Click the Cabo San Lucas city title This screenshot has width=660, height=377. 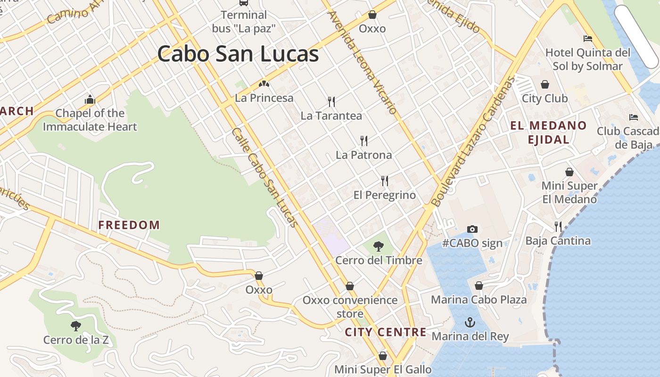pos(238,54)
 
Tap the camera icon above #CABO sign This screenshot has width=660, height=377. pos(472,229)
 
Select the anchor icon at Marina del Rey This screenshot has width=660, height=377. pos(470,322)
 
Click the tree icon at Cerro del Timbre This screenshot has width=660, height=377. pos(378,246)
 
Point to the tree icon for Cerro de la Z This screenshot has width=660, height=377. pos(75,326)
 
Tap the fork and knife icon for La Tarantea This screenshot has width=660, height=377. pos(331,101)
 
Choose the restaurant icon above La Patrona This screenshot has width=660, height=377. pos(363,140)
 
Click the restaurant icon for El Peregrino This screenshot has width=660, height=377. pos(385,180)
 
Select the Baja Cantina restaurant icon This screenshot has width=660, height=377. pos(558,227)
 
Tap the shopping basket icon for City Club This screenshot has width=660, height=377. pos(545,84)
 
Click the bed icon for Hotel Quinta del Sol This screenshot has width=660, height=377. pos(587,38)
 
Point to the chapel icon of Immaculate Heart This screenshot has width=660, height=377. pos(90,99)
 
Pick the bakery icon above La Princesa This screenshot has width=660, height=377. pos(264,84)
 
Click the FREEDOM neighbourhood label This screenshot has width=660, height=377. pos(129,225)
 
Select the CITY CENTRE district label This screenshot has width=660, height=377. pos(386,332)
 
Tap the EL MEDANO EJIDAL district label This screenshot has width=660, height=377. pos(549,132)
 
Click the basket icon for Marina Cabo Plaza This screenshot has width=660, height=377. pos(479,286)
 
